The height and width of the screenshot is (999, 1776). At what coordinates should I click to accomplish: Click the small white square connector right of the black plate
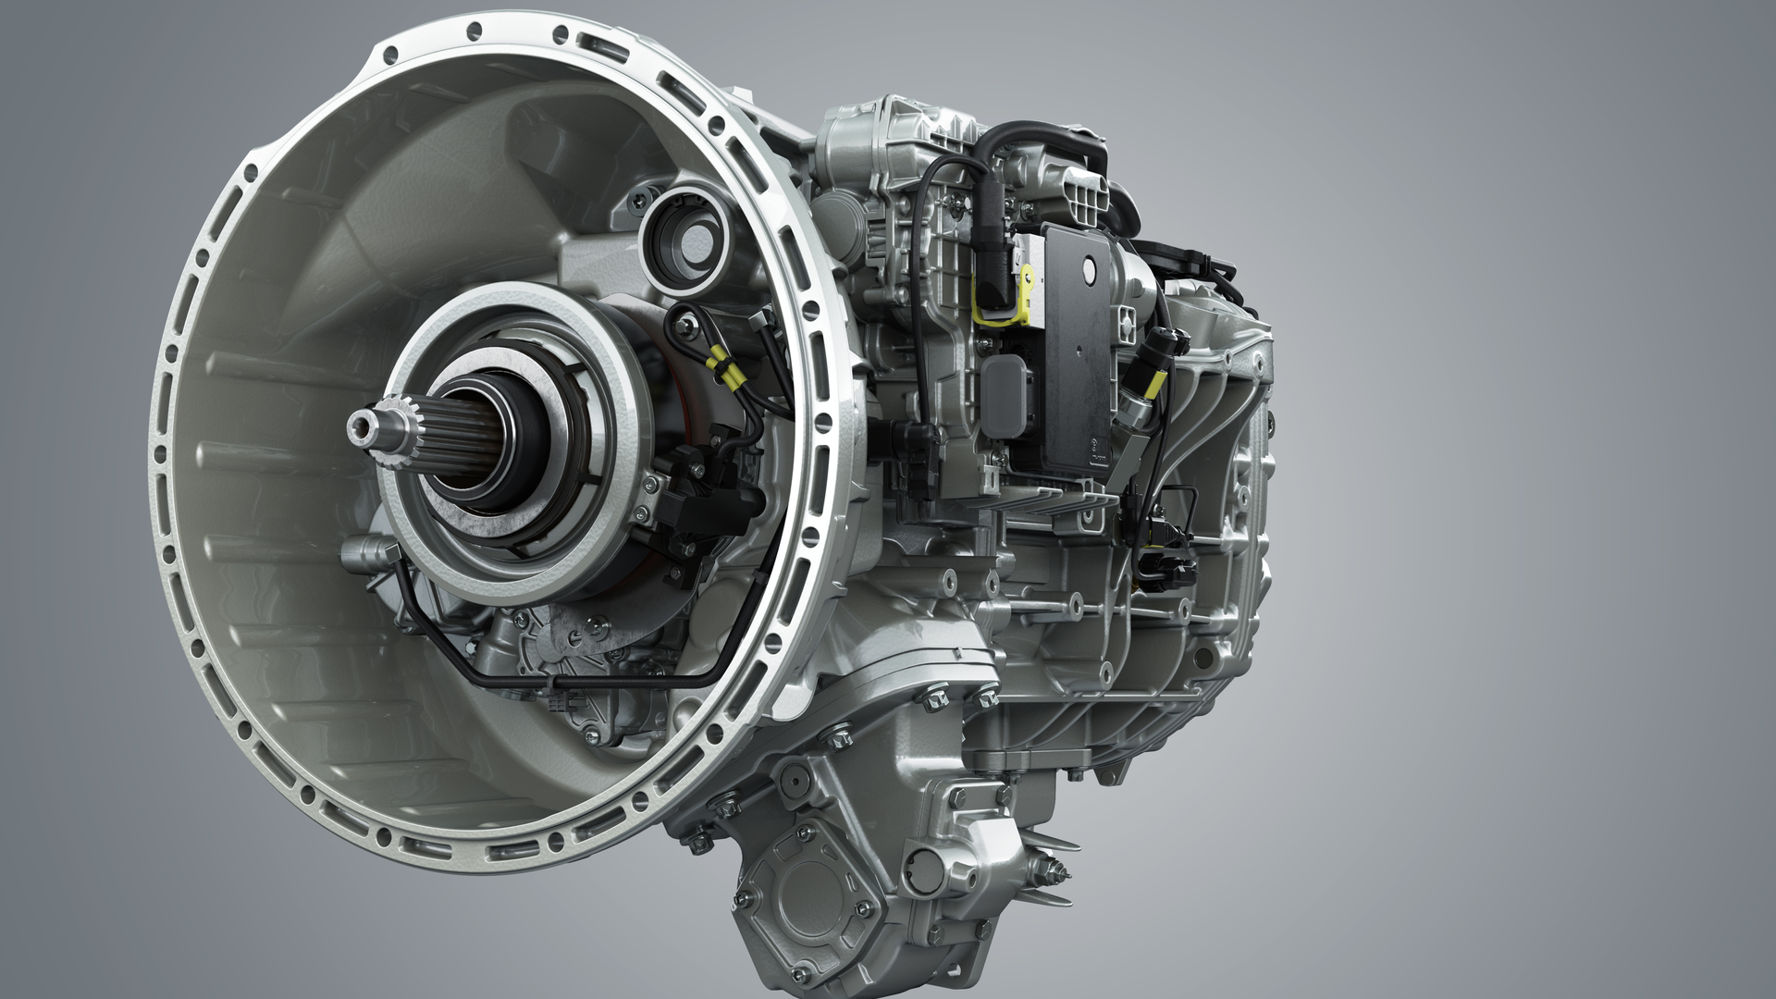(x=1129, y=317)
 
